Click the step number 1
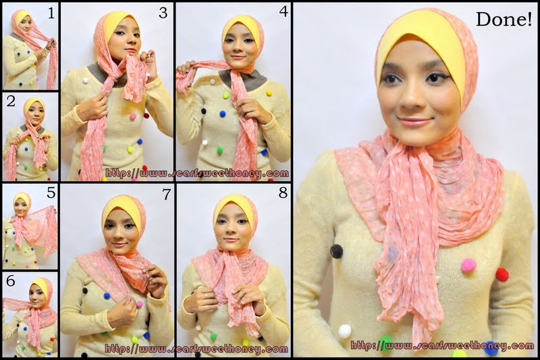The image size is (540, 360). [x=49, y=11]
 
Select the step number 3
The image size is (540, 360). [x=163, y=13]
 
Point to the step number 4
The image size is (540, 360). [x=283, y=12]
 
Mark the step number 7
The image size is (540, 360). [x=163, y=194]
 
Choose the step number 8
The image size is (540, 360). [x=283, y=194]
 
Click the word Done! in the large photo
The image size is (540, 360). [x=504, y=20]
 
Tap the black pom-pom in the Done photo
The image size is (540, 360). [x=336, y=251]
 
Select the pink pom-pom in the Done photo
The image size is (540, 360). [x=468, y=265]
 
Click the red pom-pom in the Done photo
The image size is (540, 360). [x=502, y=274]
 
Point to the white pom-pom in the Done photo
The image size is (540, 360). [x=345, y=331]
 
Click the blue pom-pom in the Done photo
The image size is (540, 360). [x=491, y=349]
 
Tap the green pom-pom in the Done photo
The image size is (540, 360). [x=386, y=343]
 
